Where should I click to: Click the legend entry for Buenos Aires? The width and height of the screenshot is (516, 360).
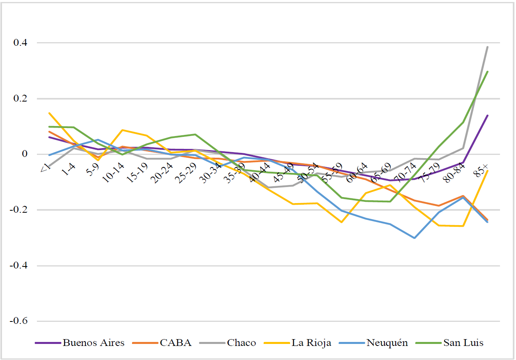pos(93,343)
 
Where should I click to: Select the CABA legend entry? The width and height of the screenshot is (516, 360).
pos(175,343)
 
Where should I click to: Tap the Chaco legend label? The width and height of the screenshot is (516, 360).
pos(241,343)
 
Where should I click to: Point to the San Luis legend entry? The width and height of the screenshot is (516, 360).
pos(463,343)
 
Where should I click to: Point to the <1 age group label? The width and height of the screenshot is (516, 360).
pos(45,168)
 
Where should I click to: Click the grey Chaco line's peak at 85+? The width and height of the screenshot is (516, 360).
pos(488,47)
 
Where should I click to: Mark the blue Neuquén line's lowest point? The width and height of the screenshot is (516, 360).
pos(414,238)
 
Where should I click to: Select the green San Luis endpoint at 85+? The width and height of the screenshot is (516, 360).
pos(488,72)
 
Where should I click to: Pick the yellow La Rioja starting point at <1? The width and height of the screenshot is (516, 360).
pos(49,113)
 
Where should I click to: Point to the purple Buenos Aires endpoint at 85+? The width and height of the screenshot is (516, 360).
pos(488,116)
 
